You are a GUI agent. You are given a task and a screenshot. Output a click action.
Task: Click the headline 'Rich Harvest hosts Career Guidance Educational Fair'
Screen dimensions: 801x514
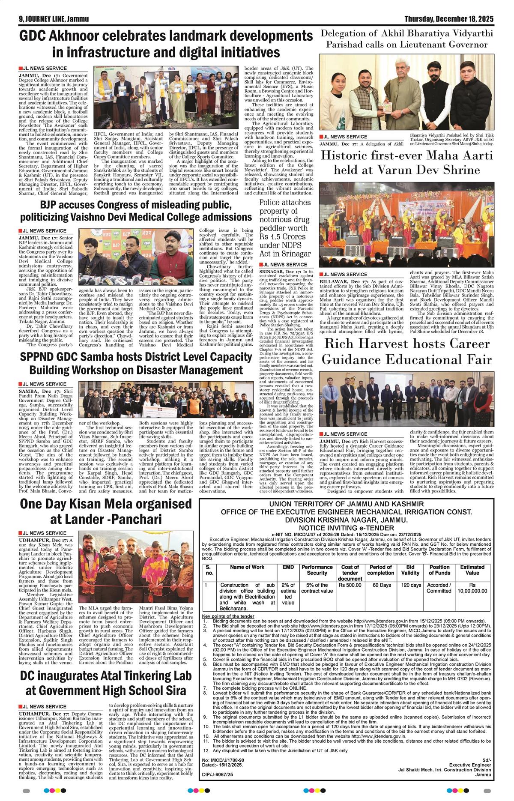click(406, 351)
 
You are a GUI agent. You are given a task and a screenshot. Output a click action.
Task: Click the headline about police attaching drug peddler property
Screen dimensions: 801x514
click(285, 227)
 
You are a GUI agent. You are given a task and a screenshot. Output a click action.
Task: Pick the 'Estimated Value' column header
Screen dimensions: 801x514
click(472, 570)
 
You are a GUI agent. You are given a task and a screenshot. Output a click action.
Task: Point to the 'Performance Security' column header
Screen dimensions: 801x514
click(317, 570)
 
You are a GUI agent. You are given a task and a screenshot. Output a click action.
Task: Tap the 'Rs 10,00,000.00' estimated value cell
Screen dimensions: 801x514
click(472, 588)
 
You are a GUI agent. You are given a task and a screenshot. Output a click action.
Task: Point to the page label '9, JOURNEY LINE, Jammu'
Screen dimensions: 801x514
click(45, 19)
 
